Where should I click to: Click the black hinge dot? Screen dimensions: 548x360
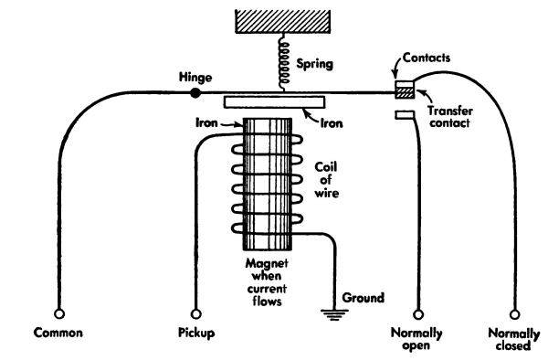195,93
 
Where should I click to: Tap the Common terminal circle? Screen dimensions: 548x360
59,313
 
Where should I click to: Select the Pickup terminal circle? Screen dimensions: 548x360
196,313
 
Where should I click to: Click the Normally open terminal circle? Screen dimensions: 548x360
418,314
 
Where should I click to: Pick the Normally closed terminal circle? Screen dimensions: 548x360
514,314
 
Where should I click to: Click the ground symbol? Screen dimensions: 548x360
334,314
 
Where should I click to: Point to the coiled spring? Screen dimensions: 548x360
283,63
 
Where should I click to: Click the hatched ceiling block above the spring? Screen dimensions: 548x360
283,22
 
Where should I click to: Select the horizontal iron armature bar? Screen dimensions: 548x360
274,102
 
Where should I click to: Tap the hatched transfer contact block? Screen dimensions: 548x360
405,92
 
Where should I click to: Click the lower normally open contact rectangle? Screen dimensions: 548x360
405,115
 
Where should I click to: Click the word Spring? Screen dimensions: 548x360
314,64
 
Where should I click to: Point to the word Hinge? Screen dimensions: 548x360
195,77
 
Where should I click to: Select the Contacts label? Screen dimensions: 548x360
427,58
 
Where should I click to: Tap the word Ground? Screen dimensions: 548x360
364,298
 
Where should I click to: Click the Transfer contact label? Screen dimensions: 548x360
450,117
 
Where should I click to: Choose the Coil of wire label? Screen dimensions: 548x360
326,180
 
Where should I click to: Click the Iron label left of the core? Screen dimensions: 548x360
206,122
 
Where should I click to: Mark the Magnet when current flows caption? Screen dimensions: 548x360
267,282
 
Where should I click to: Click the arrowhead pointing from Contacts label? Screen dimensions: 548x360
395,76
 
